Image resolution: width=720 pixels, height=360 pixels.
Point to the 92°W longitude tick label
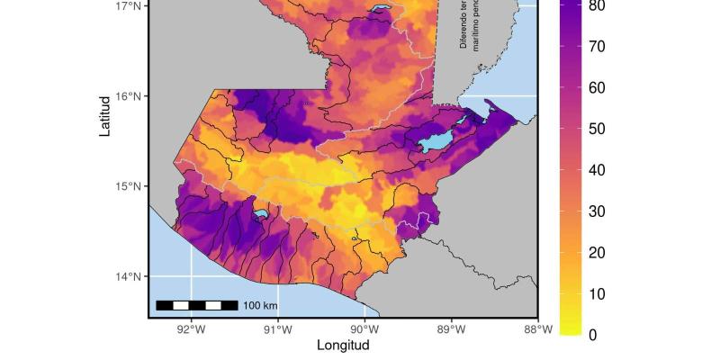point(191,329)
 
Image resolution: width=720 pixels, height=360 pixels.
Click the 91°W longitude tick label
point(278,329)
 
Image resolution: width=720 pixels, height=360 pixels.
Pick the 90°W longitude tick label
point(364,329)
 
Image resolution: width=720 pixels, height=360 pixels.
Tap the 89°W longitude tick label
point(452,329)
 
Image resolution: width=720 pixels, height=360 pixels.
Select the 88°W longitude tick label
point(538,329)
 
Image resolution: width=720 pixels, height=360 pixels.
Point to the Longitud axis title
point(343,345)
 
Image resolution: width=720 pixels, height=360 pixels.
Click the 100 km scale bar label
point(260,306)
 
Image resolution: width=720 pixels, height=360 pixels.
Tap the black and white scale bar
point(197,306)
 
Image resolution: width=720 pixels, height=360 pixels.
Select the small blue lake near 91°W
point(260,214)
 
